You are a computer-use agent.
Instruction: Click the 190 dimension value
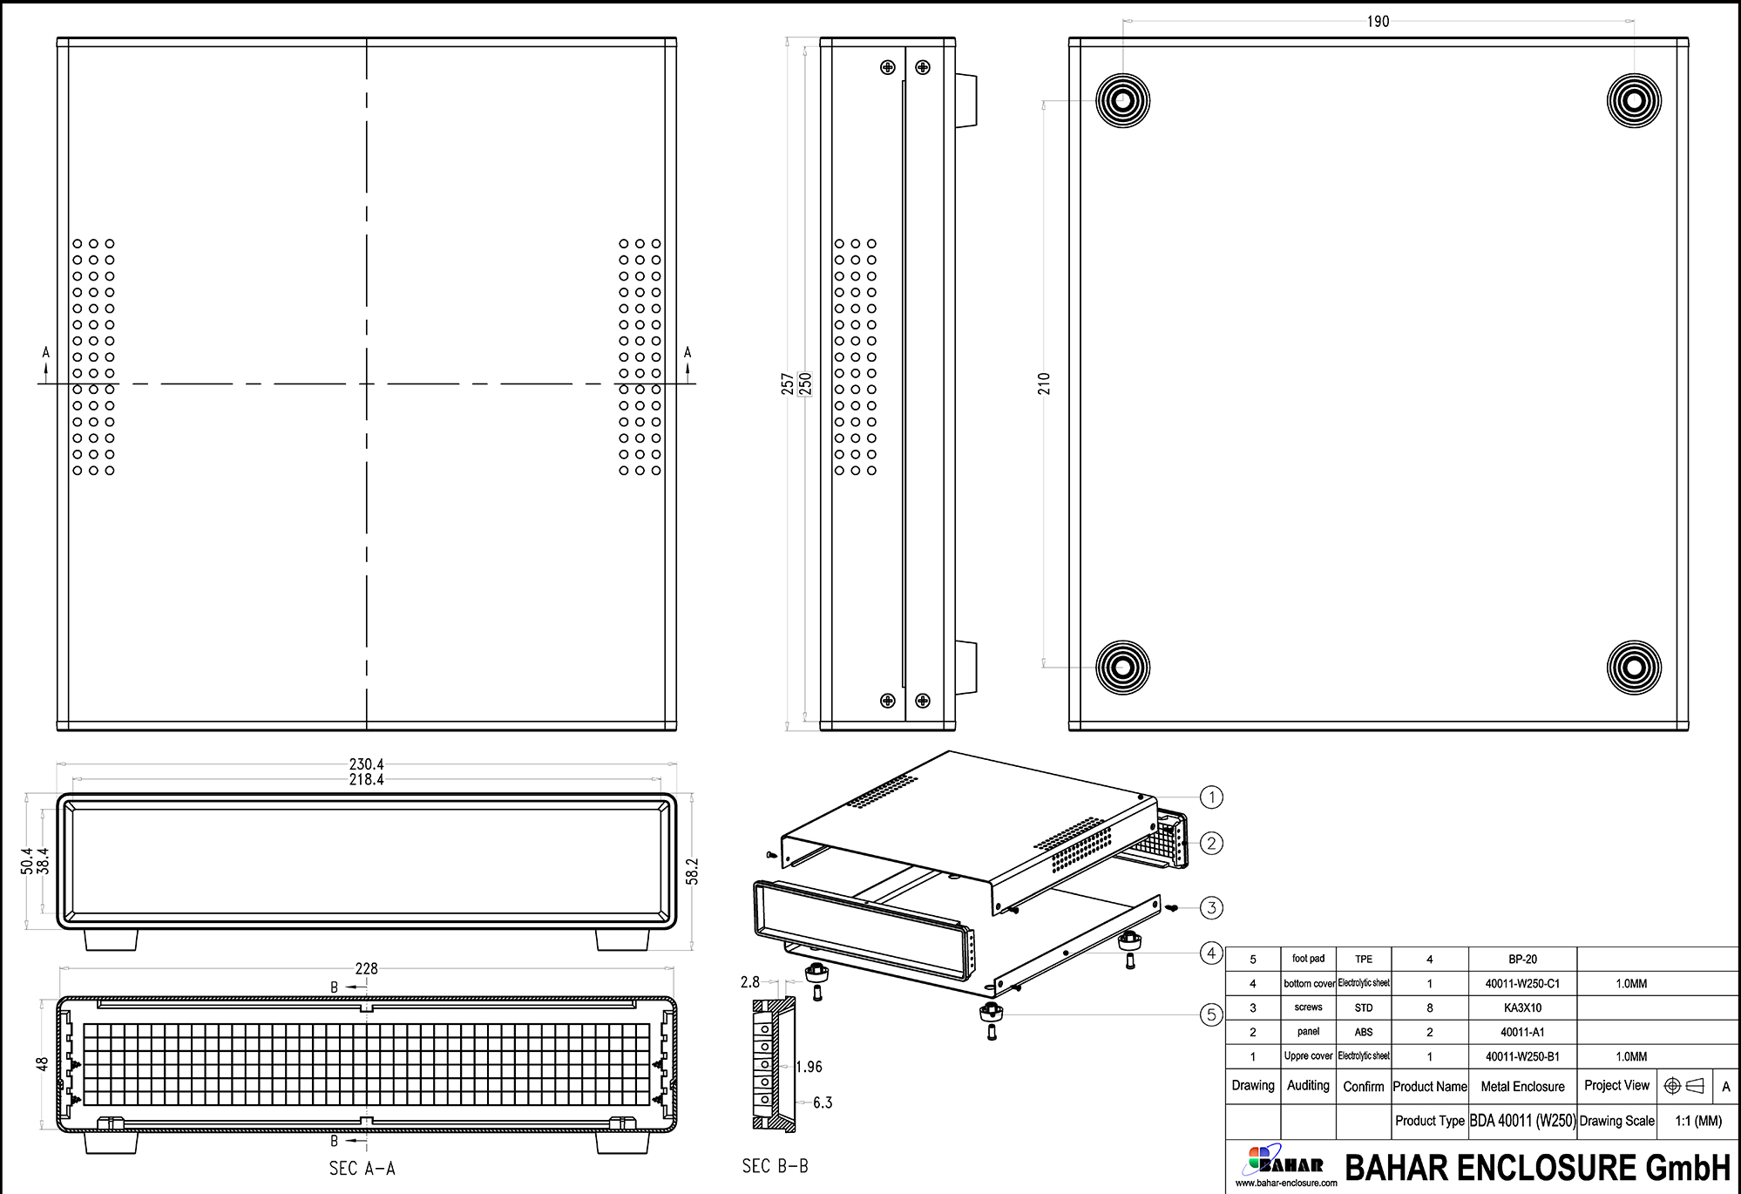(x=1378, y=22)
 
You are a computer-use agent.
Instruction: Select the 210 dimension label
(x=1044, y=383)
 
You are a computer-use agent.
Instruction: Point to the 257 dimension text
(x=788, y=384)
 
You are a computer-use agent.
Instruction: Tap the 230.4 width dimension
(x=366, y=764)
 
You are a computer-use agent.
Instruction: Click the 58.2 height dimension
(x=693, y=872)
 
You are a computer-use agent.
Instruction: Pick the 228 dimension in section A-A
(x=366, y=968)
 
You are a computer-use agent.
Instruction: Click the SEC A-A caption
(x=362, y=1169)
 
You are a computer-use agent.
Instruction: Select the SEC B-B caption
(x=775, y=1166)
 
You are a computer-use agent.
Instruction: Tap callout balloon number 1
(x=1211, y=797)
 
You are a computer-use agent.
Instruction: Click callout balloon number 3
(x=1211, y=907)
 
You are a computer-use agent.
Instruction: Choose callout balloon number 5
(x=1211, y=1014)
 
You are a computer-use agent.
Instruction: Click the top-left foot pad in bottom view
(x=1122, y=100)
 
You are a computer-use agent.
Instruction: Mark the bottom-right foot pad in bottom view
(x=1634, y=668)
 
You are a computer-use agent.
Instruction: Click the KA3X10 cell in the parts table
(x=1522, y=1007)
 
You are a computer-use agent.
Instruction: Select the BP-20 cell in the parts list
(x=1522, y=959)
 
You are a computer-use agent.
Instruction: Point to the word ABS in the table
(x=1364, y=1032)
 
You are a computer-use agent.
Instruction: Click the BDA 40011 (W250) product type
(x=1522, y=1121)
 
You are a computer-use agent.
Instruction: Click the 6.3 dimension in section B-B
(x=823, y=1102)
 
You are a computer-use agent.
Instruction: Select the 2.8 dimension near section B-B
(x=750, y=982)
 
